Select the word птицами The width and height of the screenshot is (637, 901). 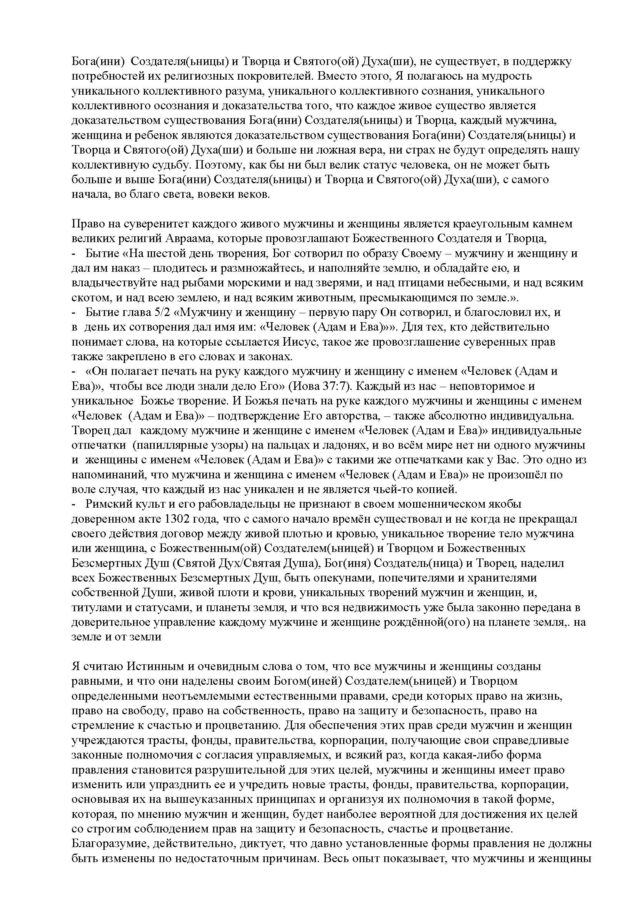(437, 283)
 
